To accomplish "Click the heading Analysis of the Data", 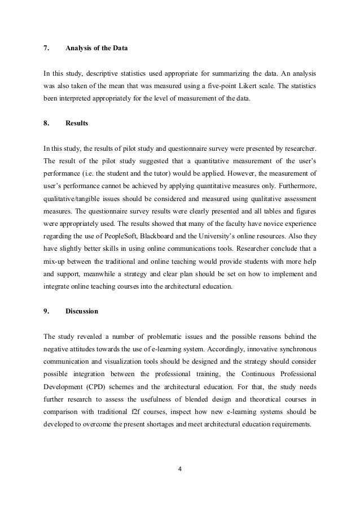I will tap(96, 48).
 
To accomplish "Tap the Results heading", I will tap(77, 122).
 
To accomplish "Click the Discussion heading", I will tap(82, 311).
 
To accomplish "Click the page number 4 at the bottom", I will tap(180, 468).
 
